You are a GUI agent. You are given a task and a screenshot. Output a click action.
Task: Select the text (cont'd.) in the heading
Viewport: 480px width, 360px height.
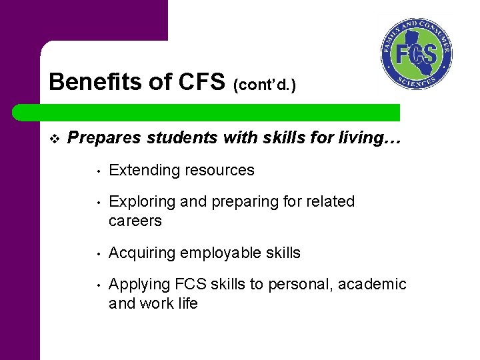pyautogui.click(x=265, y=85)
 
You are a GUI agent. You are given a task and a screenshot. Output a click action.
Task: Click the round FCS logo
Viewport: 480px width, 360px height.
pyautogui.click(x=417, y=55)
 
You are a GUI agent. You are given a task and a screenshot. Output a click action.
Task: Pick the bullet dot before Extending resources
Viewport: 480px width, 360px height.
pyautogui.click(x=97, y=171)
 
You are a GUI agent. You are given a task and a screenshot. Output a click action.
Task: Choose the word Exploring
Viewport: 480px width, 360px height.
pyautogui.click(x=141, y=202)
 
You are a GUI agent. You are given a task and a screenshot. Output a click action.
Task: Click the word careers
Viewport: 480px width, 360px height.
pyautogui.click(x=135, y=221)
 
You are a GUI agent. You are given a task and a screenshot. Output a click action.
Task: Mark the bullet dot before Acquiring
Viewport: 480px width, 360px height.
pyautogui.click(x=97, y=253)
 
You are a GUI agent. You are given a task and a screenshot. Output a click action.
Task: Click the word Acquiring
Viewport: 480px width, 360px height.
pyautogui.click(x=141, y=253)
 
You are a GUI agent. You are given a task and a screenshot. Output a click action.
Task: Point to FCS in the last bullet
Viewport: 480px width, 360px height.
pyautogui.click(x=191, y=285)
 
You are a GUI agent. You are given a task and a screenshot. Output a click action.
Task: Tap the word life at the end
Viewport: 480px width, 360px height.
pyautogui.click(x=186, y=303)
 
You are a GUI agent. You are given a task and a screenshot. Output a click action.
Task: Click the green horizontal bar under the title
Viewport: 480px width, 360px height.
pyautogui.click(x=220, y=112)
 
